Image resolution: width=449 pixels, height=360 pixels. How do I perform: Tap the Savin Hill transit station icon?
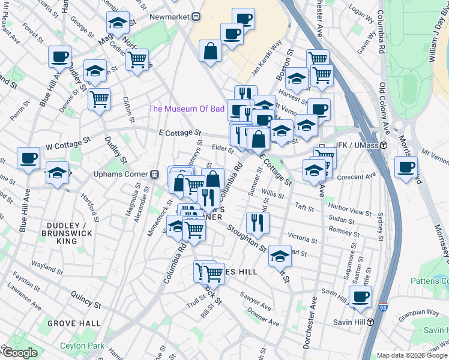371,322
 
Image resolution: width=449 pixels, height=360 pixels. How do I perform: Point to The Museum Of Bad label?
186,109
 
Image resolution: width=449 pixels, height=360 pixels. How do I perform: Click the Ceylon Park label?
82,346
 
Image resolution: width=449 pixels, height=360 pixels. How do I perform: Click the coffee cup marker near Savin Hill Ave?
360,296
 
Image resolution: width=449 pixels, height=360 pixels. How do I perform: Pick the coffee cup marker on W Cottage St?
28,158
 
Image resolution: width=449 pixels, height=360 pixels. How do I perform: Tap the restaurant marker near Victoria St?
258,222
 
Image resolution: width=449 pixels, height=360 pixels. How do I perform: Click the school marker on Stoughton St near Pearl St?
279,256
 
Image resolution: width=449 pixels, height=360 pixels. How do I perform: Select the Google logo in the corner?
19,353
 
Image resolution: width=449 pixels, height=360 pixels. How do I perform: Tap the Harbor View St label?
351,212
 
